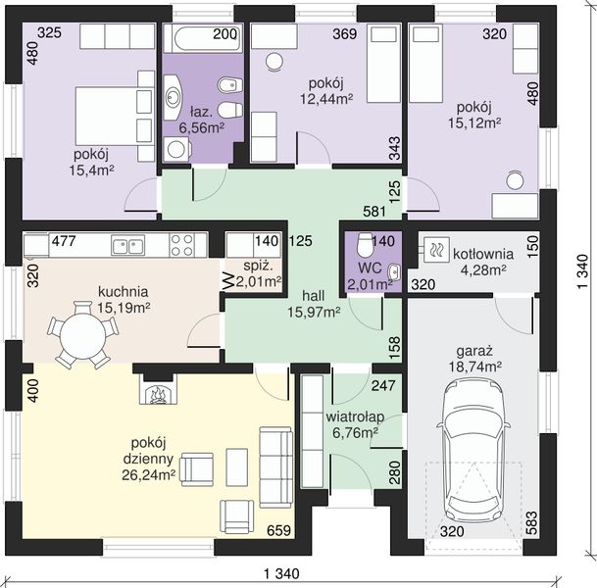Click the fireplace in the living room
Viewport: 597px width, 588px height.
158,387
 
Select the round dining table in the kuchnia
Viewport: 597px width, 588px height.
82,335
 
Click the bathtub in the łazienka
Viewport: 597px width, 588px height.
203,38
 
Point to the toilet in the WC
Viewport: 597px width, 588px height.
365,244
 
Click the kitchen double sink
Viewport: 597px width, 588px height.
127,244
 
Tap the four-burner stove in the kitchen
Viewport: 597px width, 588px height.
182,245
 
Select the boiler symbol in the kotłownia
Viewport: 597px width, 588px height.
436,250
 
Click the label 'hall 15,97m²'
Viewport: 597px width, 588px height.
314,304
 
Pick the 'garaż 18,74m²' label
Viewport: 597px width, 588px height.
474,359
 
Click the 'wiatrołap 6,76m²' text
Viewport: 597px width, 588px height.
355,424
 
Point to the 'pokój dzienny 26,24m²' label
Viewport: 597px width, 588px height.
148,459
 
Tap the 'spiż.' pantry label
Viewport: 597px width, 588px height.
259,266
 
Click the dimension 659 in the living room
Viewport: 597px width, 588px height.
278,530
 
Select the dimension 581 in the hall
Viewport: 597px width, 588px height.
374,212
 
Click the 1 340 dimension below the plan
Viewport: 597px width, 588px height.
281,573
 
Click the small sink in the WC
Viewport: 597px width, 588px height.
394,271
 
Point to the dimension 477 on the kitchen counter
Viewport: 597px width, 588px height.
64,241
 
